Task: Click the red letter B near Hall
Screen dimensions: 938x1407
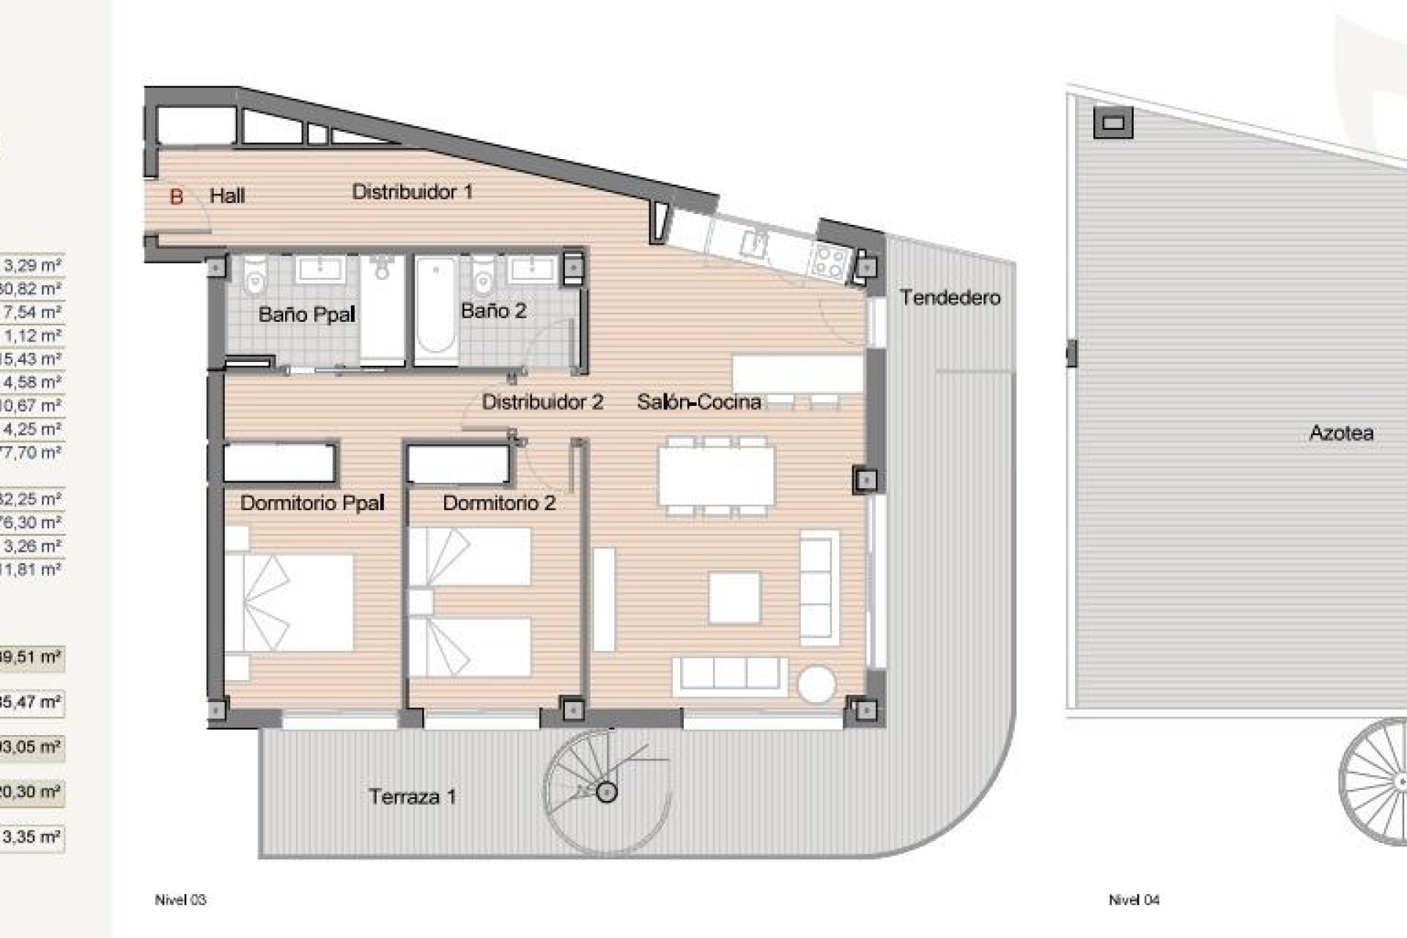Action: pos(176,196)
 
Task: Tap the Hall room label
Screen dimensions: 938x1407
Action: pos(227,196)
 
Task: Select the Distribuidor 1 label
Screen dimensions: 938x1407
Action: pos(412,192)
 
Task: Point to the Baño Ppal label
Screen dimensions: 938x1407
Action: pos(306,314)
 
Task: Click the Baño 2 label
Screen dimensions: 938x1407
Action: pos(493,311)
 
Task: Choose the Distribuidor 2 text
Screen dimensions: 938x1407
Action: pos(542,402)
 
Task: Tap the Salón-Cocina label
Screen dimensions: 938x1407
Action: pos(698,402)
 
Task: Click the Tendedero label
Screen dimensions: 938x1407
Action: pos(950,298)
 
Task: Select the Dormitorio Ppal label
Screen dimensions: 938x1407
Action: pos(312,503)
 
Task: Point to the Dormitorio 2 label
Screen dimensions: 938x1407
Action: pos(499,503)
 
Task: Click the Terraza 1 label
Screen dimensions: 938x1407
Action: pos(412,797)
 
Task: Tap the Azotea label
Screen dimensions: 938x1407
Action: pos(1341,433)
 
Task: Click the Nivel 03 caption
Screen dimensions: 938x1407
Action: pos(180,900)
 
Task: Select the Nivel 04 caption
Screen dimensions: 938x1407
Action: pos(1134,900)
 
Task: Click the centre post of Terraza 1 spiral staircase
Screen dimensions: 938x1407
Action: pos(606,791)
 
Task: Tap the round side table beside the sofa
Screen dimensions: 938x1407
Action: pos(816,684)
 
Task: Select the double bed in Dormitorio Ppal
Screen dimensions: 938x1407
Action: pos(289,602)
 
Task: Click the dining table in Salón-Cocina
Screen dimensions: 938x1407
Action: pos(716,476)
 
